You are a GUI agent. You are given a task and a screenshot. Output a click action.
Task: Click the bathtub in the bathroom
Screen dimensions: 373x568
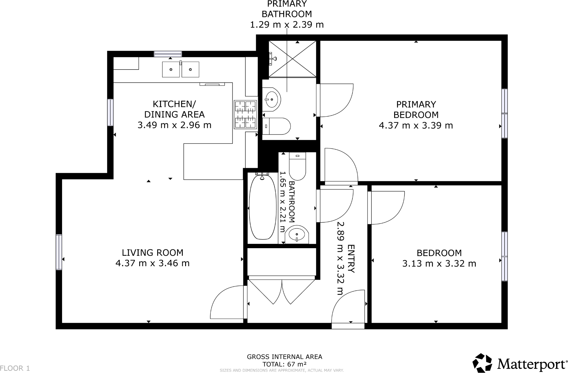(x=262, y=207)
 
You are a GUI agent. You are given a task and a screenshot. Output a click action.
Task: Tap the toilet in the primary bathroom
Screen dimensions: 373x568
(x=277, y=126)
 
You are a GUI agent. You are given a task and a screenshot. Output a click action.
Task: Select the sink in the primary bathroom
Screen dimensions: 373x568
(x=272, y=99)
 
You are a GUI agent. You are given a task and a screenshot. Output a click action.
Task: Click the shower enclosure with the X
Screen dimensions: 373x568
(x=292, y=59)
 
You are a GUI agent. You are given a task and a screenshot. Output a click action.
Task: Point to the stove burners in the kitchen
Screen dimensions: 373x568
(x=245, y=114)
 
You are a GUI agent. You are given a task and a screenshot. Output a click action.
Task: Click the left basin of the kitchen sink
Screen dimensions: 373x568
(x=171, y=70)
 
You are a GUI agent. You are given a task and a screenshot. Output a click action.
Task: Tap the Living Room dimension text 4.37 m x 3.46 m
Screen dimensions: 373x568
(x=153, y=263)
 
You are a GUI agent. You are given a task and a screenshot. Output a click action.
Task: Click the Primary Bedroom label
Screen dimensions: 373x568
(x=416, y=109)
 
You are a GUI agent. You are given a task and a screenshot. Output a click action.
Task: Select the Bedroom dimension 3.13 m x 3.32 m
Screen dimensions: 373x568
(x=439, y=264)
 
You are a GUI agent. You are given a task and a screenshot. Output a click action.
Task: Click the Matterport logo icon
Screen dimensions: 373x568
(x=482, y=363)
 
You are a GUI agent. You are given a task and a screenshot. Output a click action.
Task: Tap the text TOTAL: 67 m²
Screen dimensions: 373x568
(x=284, y=364)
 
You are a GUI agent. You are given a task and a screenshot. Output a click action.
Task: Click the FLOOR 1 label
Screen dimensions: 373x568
(x=15, y=368)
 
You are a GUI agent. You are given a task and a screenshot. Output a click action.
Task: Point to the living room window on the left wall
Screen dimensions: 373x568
(x=59, y=252)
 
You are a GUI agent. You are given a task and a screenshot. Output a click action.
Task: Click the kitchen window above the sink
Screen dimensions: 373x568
(x=168, y=54)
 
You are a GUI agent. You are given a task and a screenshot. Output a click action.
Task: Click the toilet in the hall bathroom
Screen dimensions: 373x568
(x=297, y=167)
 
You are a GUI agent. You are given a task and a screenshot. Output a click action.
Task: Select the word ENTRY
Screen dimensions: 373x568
(x=351, y=259)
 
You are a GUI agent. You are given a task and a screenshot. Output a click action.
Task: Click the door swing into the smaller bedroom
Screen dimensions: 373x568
(x=386, y=207)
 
